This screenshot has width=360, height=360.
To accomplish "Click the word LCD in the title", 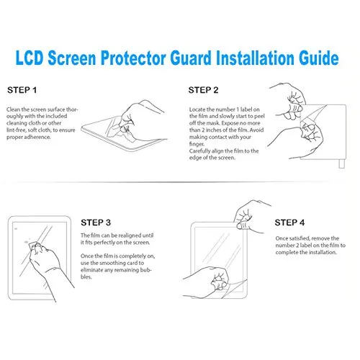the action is [30, 58].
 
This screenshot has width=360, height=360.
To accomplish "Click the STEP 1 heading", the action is [22, 90].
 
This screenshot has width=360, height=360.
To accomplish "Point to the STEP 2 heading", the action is [203, 90].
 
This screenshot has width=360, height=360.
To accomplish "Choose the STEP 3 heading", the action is [96, 222].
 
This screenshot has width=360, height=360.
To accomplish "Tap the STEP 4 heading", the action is [289, 222].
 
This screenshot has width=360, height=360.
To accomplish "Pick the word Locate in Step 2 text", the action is [197, 109].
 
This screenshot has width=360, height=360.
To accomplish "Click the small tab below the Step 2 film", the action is [341, 164].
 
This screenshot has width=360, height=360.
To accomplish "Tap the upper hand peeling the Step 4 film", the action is [250, 217].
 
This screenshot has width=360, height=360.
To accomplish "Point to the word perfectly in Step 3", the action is [104, 243].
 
